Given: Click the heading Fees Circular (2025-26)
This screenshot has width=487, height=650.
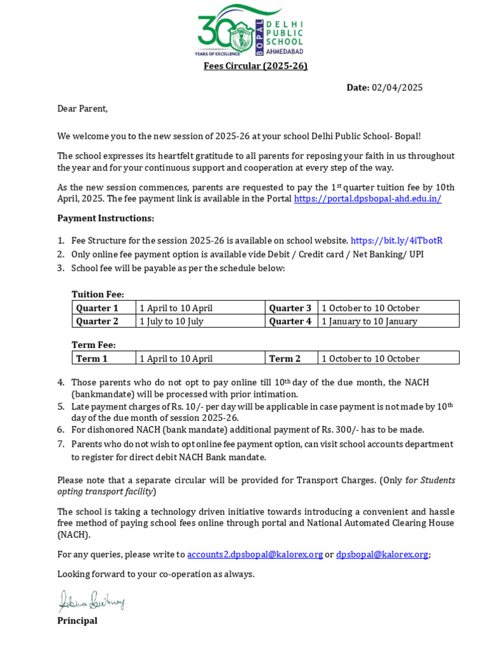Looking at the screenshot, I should [256, 66].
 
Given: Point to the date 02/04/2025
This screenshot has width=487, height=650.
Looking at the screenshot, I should [397, 88].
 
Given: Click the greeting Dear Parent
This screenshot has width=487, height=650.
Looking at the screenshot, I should [82, 109].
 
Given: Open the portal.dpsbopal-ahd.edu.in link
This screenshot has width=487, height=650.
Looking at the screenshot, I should [368, 199].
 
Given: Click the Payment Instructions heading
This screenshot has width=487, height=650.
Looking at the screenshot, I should [105, 218].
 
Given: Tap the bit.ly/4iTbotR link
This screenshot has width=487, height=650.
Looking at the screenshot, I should [396, 241].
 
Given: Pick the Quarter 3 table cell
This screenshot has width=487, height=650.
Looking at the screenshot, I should [290, 308].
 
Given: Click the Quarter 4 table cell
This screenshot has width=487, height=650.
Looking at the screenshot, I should [290, 321].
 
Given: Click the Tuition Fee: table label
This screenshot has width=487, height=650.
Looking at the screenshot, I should [98, 295].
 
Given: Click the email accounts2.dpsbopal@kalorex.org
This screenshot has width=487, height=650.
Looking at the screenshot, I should [255, 555].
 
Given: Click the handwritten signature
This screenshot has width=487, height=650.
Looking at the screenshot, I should [91, 600].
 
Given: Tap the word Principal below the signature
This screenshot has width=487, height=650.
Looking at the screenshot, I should [77, 621].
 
